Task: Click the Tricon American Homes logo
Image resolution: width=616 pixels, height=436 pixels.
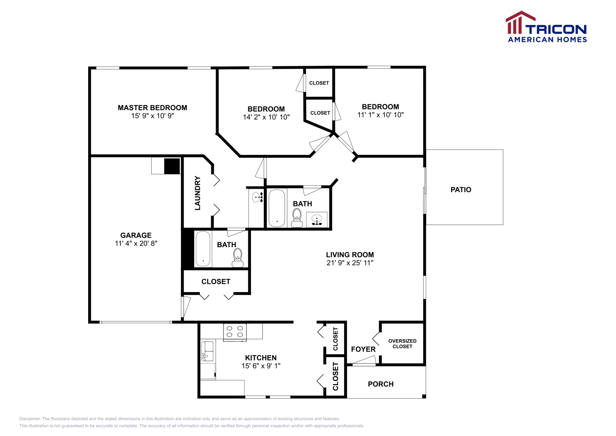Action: click(x=546, y=27)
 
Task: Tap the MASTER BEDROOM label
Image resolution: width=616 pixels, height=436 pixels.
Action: click(x=152, y=108)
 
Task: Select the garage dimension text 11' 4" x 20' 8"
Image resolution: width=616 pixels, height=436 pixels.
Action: click(x=136, y=243)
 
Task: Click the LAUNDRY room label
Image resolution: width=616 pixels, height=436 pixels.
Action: click(x=198, y=193)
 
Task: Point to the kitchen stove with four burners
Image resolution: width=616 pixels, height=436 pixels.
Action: click(x=235, y=332)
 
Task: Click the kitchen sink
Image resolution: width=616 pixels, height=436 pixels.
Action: click(x=207, y=351)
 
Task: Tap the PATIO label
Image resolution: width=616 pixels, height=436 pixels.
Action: click(x=461, y=189)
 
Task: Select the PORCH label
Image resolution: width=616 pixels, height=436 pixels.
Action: click(x=380, y=384)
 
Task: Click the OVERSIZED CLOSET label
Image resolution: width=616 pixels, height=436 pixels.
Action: click(x=402, y=344)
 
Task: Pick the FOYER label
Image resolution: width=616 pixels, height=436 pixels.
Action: click(x=363, y=349)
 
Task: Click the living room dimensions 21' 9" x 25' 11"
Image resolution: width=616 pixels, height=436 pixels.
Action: click(x=350, y=263)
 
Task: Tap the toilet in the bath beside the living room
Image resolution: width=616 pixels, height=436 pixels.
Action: click(x=297, y=218)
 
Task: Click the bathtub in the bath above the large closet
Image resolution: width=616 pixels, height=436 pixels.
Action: click(x=203, y=249)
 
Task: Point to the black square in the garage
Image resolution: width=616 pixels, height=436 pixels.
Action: click(x=172, y=166)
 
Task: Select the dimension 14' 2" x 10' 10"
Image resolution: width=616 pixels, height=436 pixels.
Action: click(x=266, y=117)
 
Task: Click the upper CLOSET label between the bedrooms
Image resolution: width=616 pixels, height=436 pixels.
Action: click(x=319, y=83)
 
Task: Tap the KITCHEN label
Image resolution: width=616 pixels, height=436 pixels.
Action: click(x=261, y=358)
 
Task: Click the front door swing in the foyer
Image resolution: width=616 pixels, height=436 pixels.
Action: click(x=364, y=361)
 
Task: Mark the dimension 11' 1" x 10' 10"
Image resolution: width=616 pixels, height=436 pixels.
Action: click(x=380, y=115)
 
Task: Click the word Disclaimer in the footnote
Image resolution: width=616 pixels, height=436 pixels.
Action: click(x=30, y=419)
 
